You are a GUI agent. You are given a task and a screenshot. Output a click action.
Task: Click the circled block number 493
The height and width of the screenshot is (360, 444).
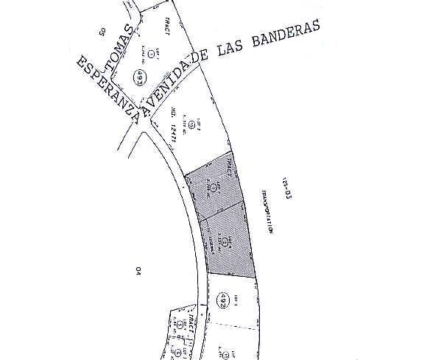point(138,76)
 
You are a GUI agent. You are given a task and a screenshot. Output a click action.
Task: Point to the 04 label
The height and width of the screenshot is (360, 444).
point(137,271)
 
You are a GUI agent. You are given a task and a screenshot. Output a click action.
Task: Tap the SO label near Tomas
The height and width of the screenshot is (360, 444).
point(102,31)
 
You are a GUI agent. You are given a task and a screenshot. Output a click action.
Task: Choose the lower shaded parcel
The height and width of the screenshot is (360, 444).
point(229,243)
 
